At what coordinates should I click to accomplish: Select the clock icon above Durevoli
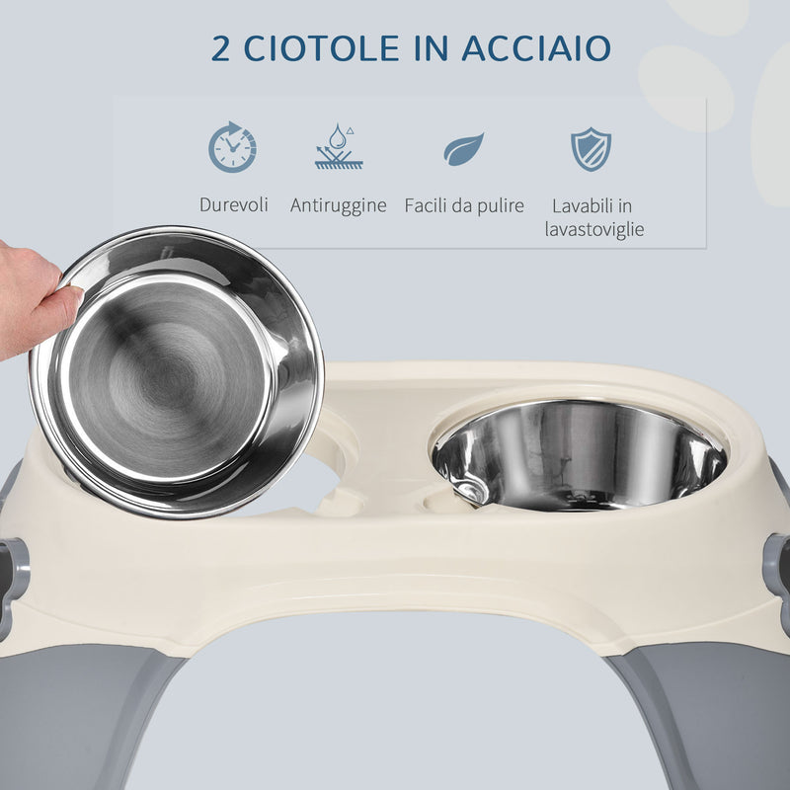[232, 147]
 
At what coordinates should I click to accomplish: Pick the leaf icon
[463, 148]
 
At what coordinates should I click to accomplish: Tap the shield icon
[591, 148]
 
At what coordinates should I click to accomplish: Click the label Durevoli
[233, 205]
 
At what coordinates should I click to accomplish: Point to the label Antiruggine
[338, 205]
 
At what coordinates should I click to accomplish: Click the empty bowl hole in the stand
[331, 464]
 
